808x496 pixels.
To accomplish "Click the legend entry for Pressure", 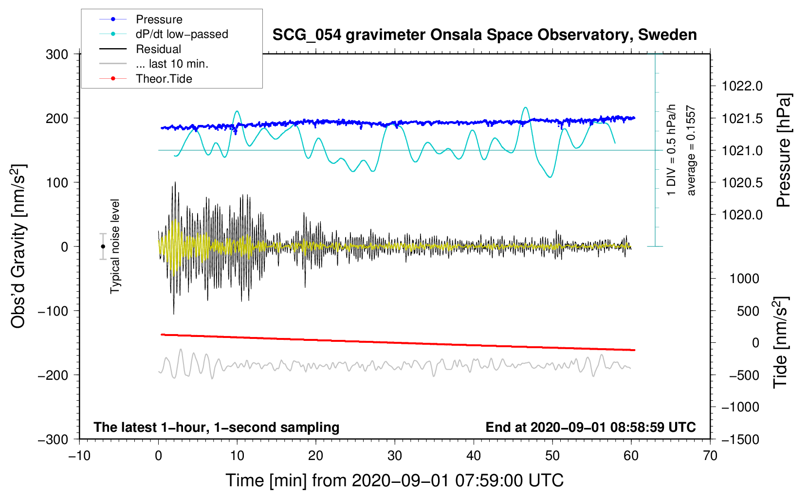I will click(159, 19).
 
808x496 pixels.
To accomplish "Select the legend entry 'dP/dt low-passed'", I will click(182, 34).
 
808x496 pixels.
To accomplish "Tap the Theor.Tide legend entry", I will click(164, 79).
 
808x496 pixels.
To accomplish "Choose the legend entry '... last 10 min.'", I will click(172, 64).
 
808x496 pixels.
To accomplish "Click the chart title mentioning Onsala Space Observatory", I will click(484, 35).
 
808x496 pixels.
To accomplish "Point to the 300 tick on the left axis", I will click(57, 54).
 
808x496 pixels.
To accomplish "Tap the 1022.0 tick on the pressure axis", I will click(742, 87).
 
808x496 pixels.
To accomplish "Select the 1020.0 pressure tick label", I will click(742, 215).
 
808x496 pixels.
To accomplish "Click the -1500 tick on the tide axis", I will click(740, 440).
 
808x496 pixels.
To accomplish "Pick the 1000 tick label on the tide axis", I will click(744, 279).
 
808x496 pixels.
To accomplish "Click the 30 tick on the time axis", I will click(395, 456).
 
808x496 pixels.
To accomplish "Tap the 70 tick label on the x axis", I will click(710, 456).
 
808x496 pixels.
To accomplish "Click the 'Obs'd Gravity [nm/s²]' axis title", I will click(18, 246).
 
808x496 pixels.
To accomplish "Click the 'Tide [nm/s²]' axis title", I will click(780, 342).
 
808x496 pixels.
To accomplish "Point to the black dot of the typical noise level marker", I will click(103, 247).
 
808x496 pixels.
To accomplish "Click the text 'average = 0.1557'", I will click(691, 151).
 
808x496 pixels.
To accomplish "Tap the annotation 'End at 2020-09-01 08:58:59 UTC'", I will click(590, 427).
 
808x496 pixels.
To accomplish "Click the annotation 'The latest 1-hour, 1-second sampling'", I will click(217, 427).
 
